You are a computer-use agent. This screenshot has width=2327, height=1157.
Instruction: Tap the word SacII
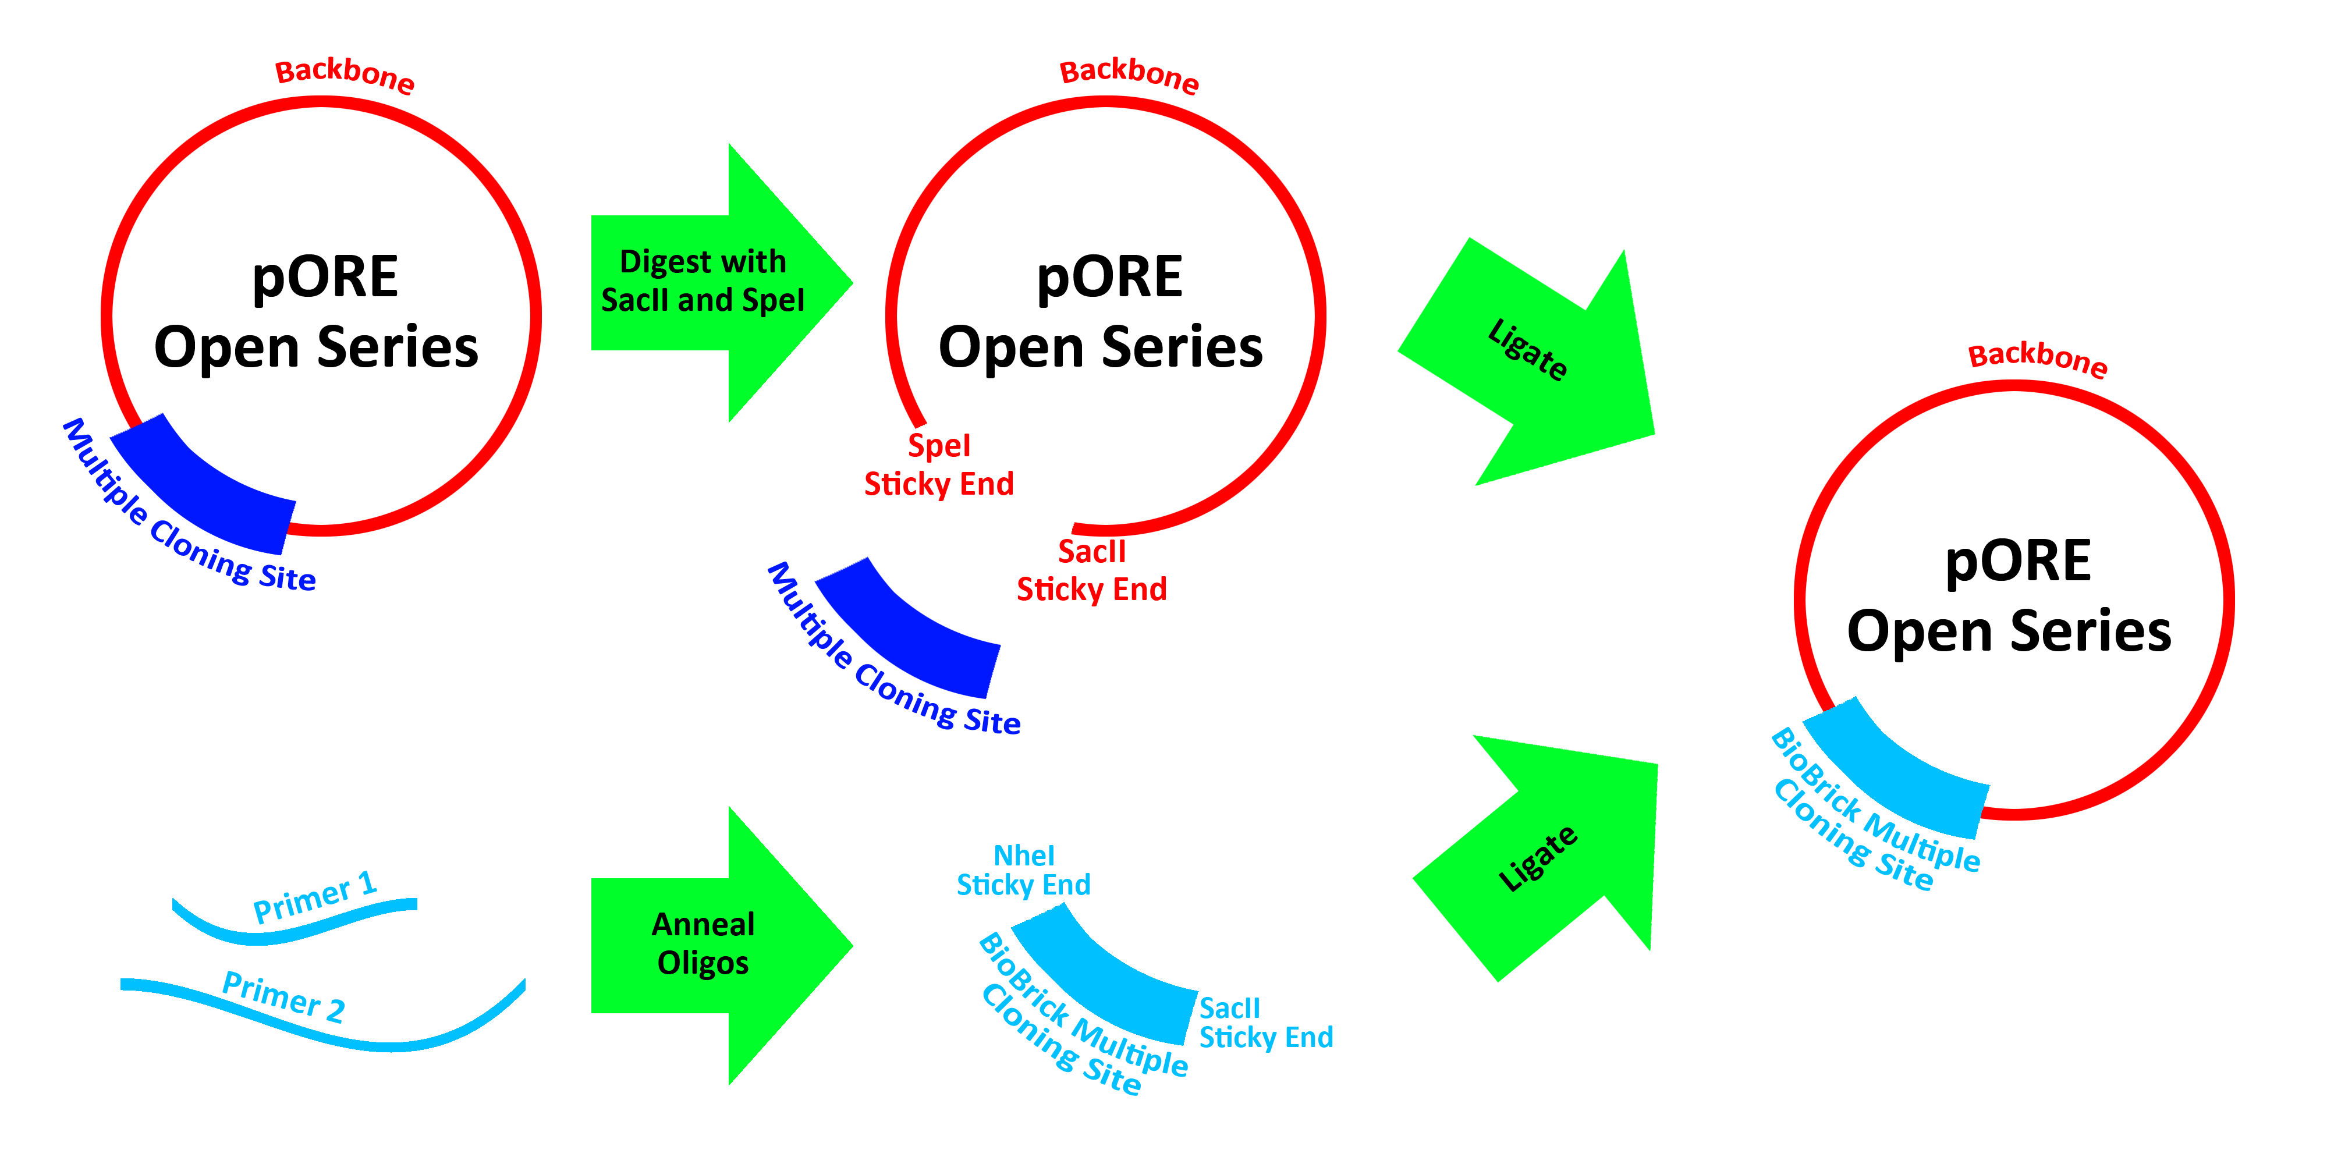[x=636, y=300]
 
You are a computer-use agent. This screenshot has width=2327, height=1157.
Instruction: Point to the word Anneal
[x=703, y=924]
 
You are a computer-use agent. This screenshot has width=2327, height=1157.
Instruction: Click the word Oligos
[x=703, y=963]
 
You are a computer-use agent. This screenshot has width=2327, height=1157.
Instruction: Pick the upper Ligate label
[x=1527, y=350]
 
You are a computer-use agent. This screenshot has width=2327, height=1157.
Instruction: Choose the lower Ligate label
[x=1538, y=858]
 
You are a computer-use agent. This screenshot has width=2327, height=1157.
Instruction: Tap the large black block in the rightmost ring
[x=2034, y=594]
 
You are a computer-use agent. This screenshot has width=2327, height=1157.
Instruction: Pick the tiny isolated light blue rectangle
[x=1309, y=1036]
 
